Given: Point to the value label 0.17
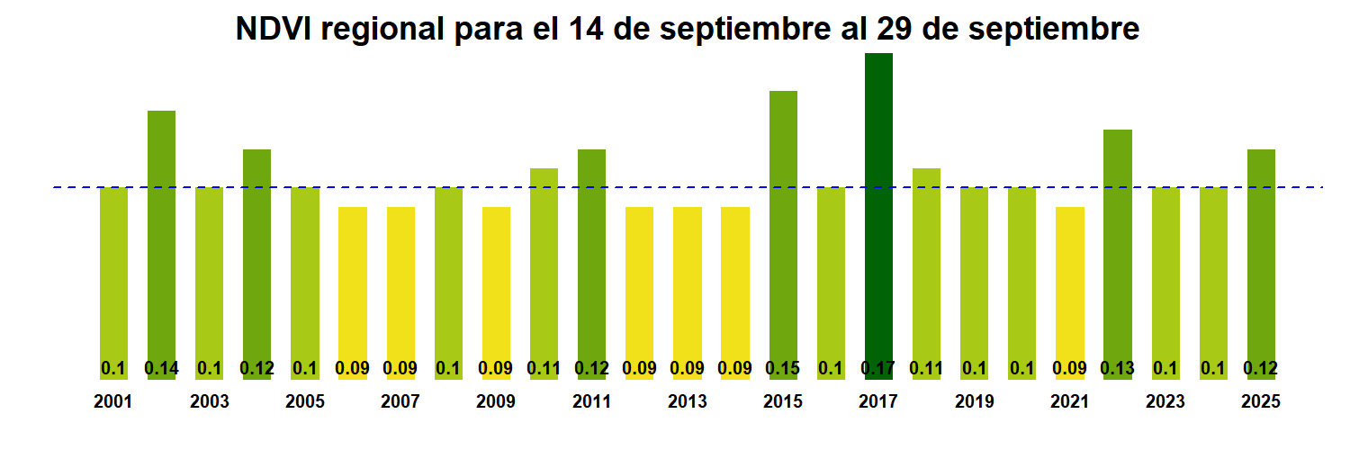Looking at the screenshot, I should pos(878,368).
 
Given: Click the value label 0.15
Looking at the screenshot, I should pos(783,368).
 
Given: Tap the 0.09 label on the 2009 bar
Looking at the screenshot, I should pos(496,368).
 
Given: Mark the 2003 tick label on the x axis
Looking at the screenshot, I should pos(209,402).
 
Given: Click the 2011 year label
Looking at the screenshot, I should pos(591,402).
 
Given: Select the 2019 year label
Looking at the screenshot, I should pos(974,402).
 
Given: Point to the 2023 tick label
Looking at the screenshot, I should pos(1165,402).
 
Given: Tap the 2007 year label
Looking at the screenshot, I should pos(400,402).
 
